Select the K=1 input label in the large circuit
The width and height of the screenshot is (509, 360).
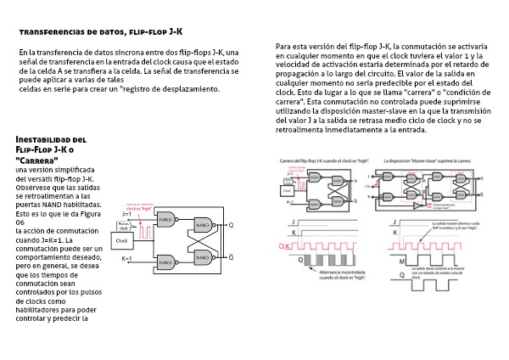pyautogui.click(x=127, y=257)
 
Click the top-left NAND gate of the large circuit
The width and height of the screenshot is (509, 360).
pyautogui.click(x=166, y=219)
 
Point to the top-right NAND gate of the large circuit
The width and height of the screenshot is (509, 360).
pyautogui.click(x=204, y=225)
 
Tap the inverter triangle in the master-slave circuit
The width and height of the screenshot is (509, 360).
pyautogui.click(x=418, y=205)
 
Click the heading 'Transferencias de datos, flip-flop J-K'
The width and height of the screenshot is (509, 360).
pyautogui.click(x=100, y=31)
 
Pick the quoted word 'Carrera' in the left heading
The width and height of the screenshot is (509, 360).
pyautogui.click(x=37, y=160)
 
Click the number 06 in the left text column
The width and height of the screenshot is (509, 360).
pyautogui.click(x=20, y=222)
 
